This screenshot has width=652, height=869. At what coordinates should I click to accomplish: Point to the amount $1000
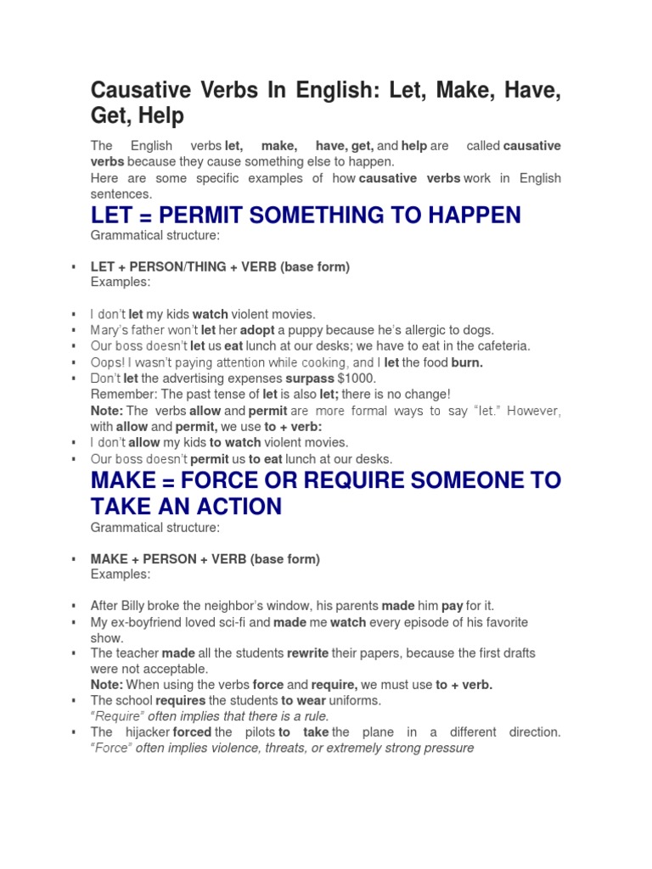pos(357,378)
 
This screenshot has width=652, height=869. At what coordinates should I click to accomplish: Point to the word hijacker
pos(144,732)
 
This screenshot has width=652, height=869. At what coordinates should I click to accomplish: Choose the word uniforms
pos(356,701)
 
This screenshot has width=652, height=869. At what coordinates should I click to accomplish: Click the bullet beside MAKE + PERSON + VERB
pos(75,559)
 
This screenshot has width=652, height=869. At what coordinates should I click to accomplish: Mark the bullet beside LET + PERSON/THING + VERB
pos(75,267)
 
